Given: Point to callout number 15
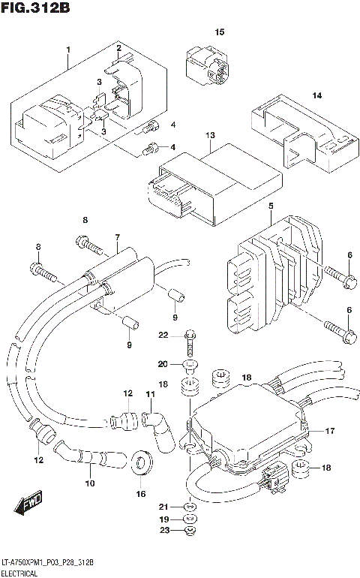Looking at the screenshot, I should click(220, 32).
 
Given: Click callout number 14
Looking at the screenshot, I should click(316, 95).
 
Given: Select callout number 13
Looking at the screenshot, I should click(211, 135).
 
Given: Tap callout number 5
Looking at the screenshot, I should click(271, 205).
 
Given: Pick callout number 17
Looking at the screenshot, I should click(328, 431).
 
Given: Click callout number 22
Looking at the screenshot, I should click(163, 335).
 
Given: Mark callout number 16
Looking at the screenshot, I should click(140, 494).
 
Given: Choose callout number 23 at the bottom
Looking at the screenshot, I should click(163, 532).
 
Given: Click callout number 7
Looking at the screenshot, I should click(117, 237).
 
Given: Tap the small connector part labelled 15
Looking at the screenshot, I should click(206, 63).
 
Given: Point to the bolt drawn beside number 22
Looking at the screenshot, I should click(190, 342).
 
